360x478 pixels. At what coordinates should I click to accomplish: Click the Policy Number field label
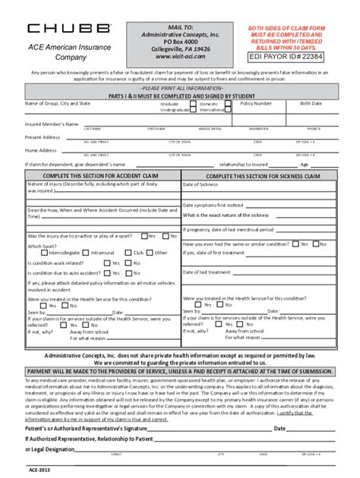tap(256, 102)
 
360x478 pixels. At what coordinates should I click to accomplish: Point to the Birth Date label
tap(311, 102)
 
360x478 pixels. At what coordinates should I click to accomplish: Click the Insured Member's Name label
tap(52, 123)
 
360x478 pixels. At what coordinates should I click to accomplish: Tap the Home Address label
tap(42, 150)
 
